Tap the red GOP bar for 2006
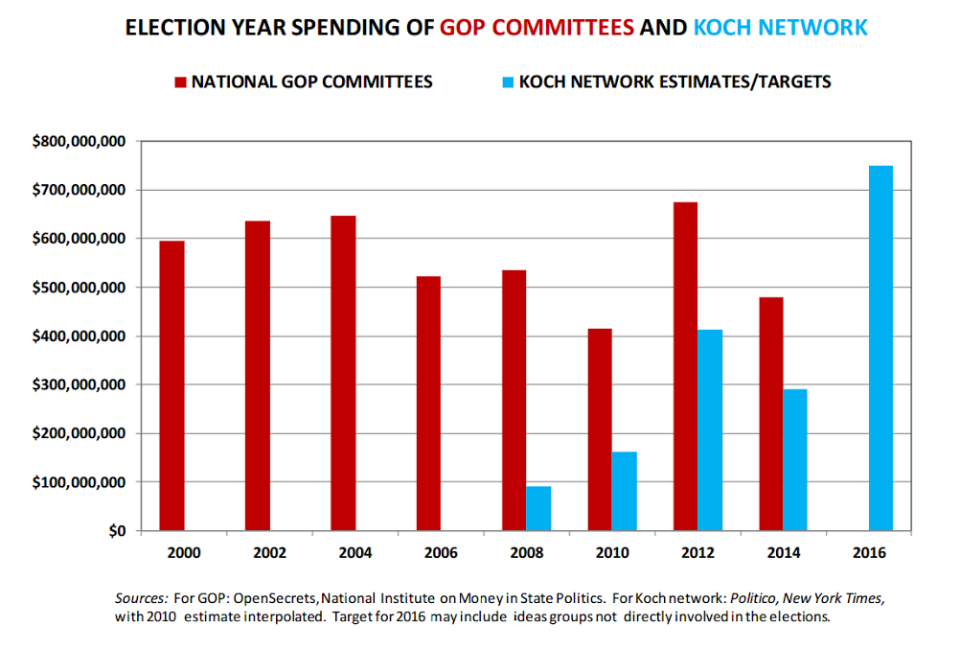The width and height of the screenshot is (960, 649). pos(428,403)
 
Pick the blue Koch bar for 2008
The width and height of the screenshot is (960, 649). pos(538,508)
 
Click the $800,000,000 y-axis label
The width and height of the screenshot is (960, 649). pos(79,142)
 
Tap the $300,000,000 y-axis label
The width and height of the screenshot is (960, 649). pos(79,385)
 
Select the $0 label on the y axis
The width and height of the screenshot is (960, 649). pos(116,531)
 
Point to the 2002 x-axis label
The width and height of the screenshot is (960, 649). pos(269,553)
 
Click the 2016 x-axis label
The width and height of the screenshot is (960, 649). pos(869,553)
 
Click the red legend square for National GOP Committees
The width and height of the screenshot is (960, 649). pos(180,82)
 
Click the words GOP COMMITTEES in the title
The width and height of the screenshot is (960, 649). pos(537,28)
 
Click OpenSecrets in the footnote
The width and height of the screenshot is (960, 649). pos(253,597)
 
